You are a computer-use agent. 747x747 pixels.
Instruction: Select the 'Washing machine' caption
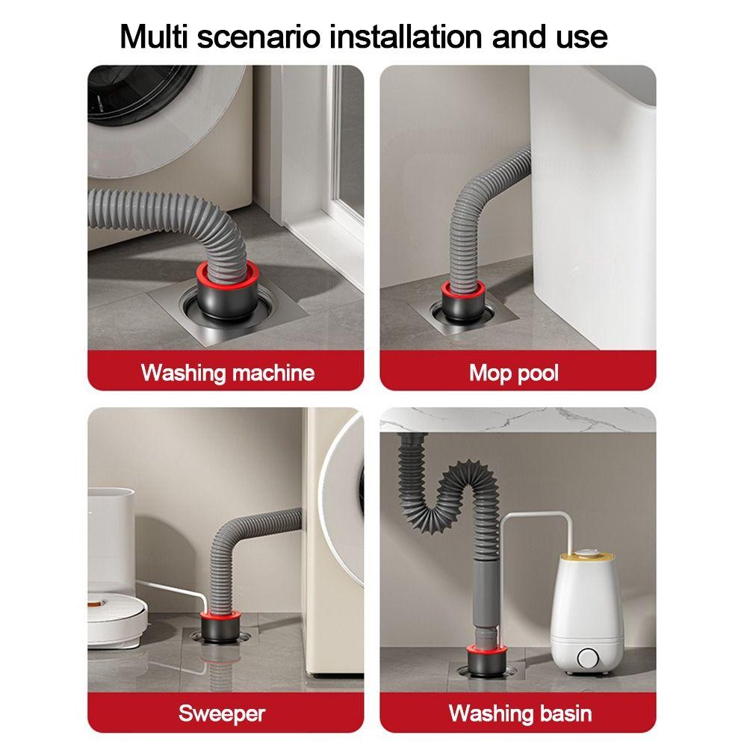coord(227,371)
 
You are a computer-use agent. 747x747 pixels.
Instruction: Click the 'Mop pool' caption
coord(514,371)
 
